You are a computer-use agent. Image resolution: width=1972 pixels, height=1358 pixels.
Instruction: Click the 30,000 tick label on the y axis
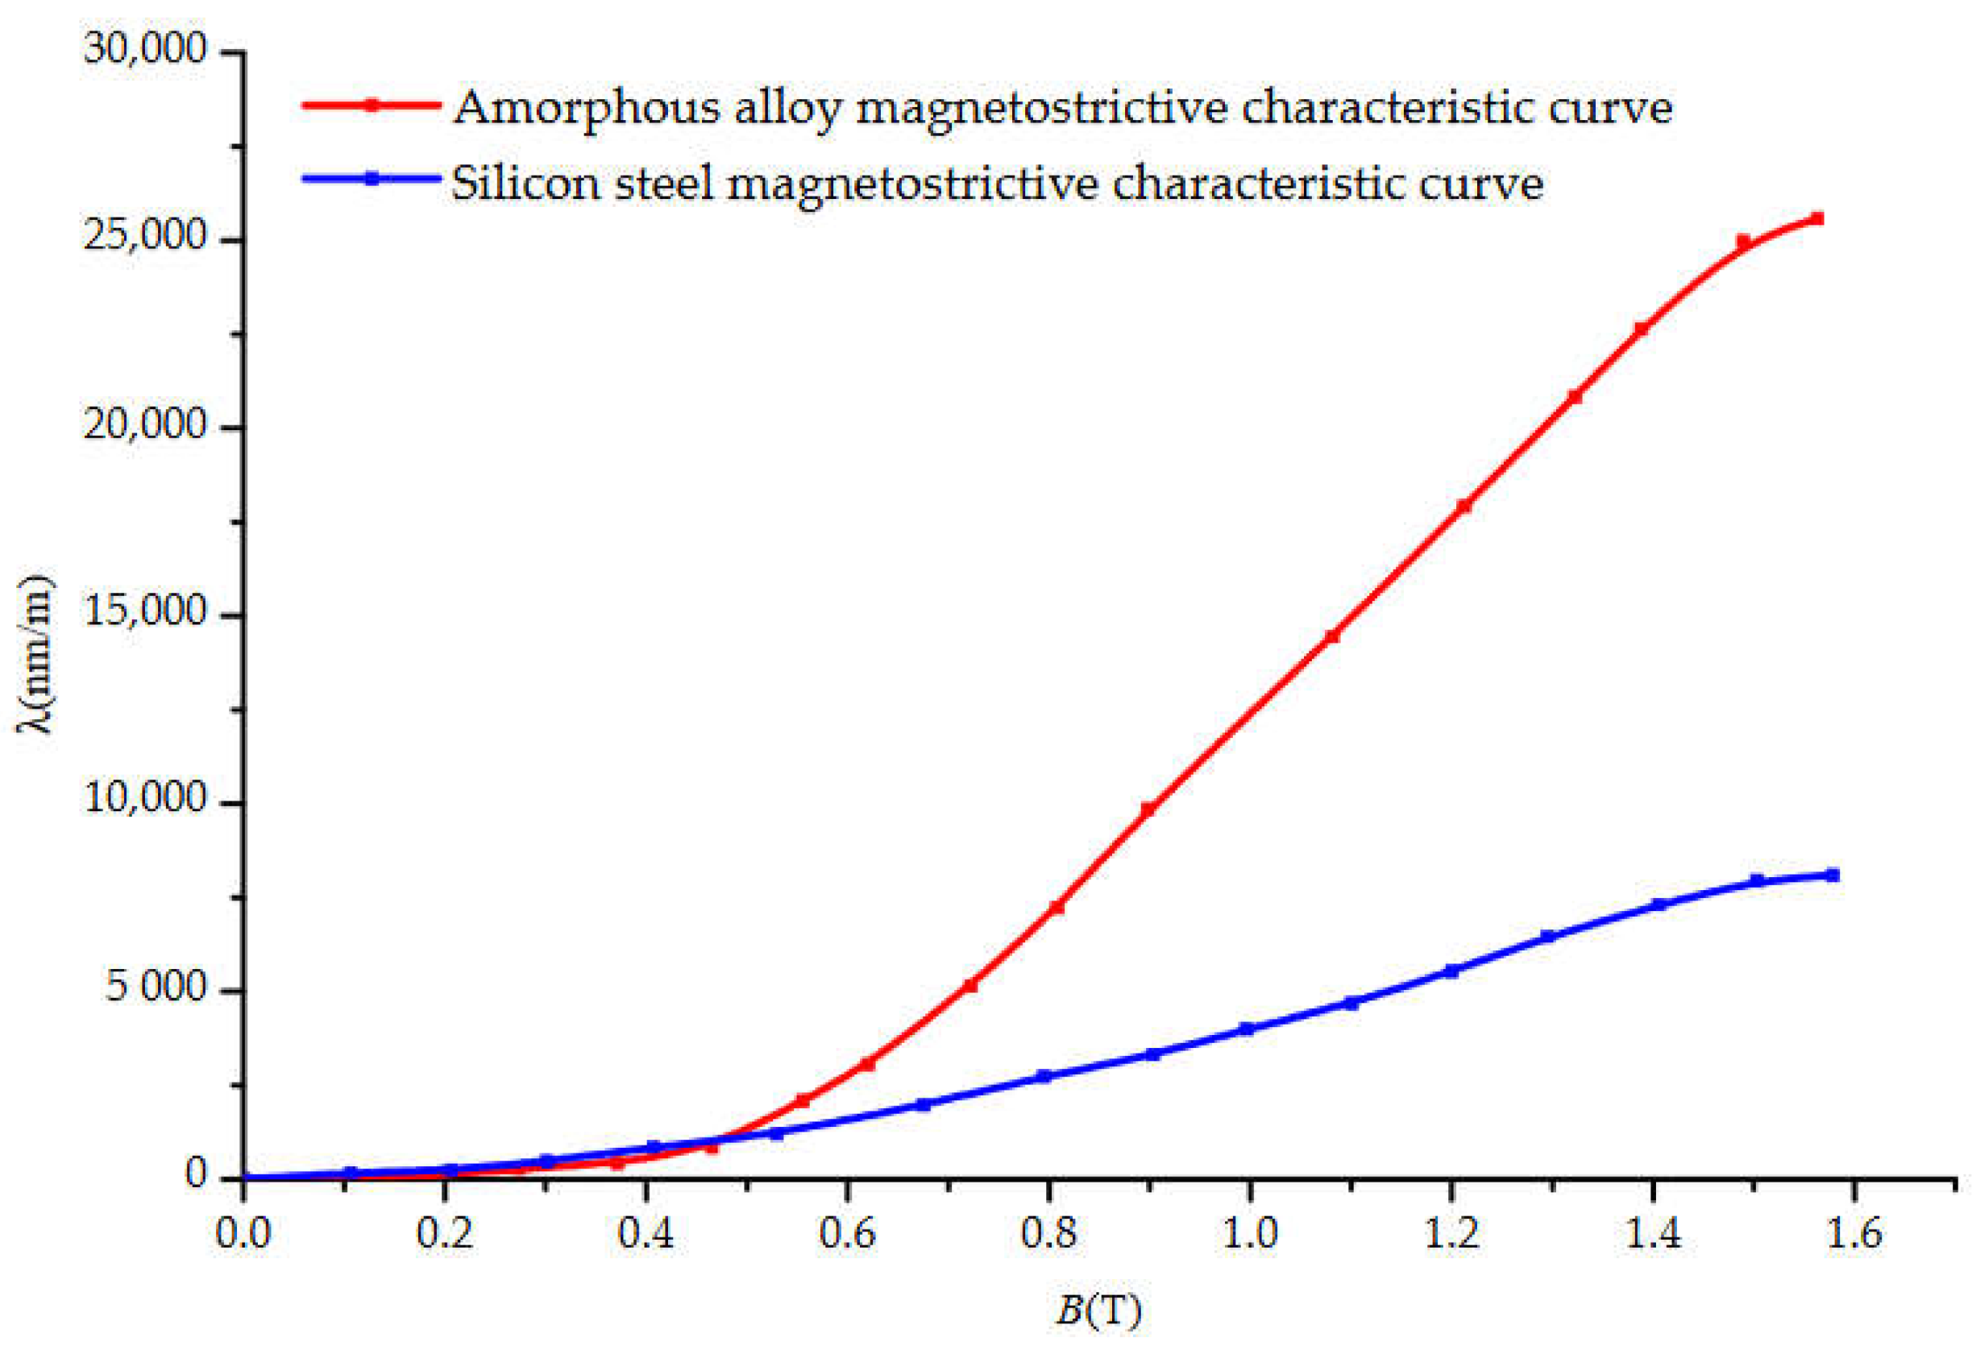click(146, 48)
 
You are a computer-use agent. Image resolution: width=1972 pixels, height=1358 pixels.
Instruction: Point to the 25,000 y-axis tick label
click(146, 237)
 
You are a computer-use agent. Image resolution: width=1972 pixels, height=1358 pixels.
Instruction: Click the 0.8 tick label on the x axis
click(1048, 1233)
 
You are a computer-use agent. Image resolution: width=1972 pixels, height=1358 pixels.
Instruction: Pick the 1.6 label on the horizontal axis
click(1853, 1233)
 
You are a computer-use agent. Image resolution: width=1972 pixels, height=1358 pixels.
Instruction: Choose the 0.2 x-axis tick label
click(444, 1233)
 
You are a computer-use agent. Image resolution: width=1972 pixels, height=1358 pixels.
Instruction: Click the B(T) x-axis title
click(1098, 1311)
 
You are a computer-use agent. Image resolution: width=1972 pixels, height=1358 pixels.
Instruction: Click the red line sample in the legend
click(371, 105)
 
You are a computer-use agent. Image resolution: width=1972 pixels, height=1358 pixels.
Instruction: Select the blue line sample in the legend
click(371, 179)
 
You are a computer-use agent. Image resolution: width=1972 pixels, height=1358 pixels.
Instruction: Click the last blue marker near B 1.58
click(1833, 876)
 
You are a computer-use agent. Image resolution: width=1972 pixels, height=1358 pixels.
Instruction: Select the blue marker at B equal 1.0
click(1247, 1029)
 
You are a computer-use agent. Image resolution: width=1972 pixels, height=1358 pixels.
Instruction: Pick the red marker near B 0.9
click(1148, 809)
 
